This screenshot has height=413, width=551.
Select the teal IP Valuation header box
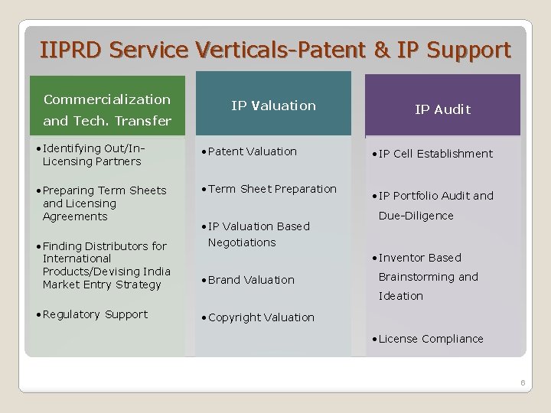[x=273, y=105]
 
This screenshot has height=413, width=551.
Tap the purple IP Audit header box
[x=442, y=109]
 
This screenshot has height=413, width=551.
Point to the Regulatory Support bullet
[x=95, y=314]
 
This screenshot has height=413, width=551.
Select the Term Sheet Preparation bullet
[x=272, y=189]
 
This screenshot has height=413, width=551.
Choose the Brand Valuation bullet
[x=250, y=280]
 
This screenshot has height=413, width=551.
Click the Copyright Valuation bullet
[x=260, y=317]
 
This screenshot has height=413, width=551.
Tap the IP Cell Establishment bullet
[x=435, y=154]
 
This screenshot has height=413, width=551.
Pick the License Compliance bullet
[x=430, y=339]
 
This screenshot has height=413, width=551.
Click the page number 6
[x=523, y=382]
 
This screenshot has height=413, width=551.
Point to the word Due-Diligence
[x=416, y=216]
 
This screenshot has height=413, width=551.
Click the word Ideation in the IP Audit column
[x=400, y=296]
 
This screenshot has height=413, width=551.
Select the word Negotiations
[x=242, y=242]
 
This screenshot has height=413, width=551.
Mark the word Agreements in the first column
[x=75, y=216]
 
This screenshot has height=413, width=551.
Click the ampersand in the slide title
[x=380, y=50]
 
